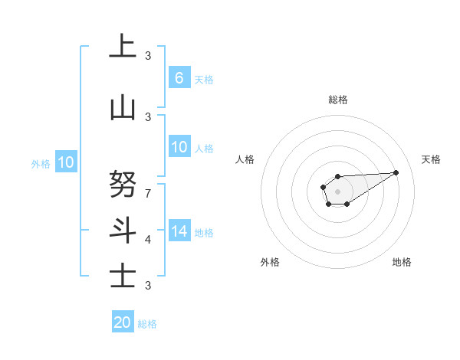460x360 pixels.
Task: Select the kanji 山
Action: [x=123, y=108]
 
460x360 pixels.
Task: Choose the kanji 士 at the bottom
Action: [x=123, y=275]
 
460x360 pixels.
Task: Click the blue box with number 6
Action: [x=179, y=78]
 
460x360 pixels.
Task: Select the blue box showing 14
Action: [x=179, y=231]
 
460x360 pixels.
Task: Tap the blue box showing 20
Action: [x=123, y=322]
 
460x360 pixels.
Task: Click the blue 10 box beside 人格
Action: [x=179, y=147]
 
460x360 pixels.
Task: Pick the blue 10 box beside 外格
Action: [x=65, y=162]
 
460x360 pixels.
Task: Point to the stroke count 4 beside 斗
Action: [x=148, y=239]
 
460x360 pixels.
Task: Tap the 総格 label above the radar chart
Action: [x=337, y=100]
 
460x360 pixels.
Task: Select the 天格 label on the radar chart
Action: [x=431, y=159]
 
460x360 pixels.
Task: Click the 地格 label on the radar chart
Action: [x=402, y=262]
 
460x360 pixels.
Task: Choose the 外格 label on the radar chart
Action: [x=270, y=262]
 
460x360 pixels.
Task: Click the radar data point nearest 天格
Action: [x=396, y=172]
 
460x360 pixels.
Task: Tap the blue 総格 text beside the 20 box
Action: [x=147, y=324]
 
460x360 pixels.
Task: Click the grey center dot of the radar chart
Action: [x=337, y=191]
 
